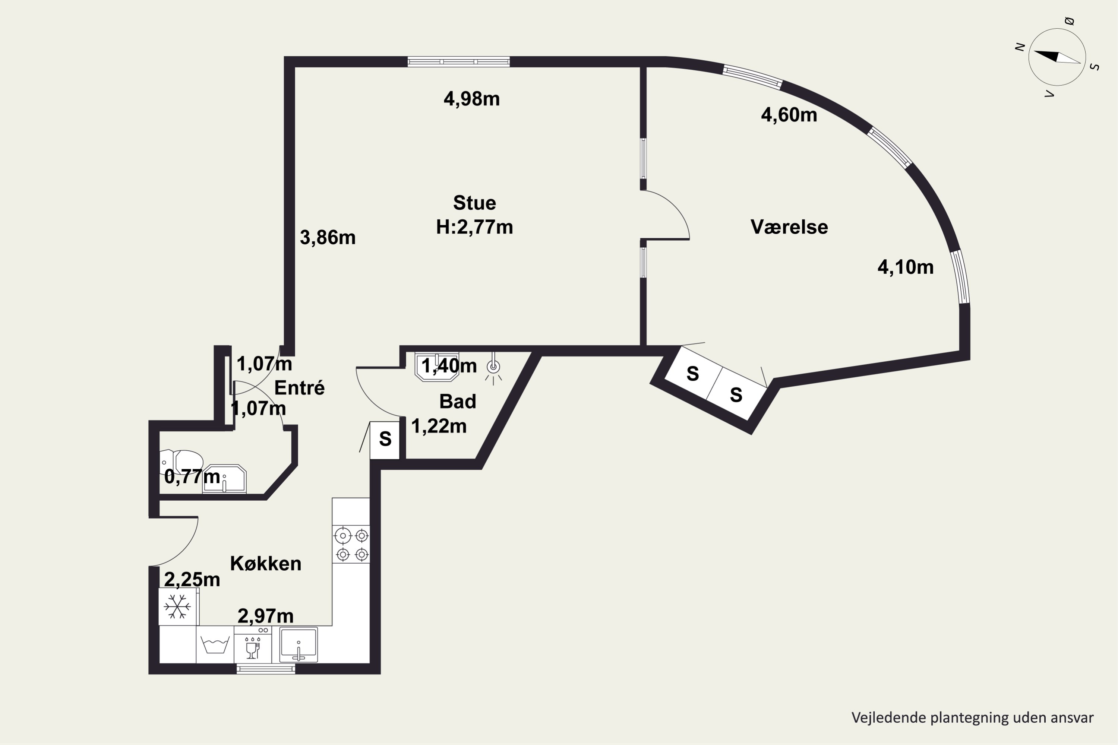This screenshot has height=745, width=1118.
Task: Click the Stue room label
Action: [474, 203]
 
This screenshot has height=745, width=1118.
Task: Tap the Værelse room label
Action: [789, 227]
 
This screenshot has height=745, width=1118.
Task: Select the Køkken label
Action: [266, 564]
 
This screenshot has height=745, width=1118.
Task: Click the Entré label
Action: [300, 388]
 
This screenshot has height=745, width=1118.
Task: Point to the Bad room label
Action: [457, 402]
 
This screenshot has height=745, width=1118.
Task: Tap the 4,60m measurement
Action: [789, 115]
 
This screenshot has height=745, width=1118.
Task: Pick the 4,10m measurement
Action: [906, 267]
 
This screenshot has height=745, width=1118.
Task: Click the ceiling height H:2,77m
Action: [474, 227]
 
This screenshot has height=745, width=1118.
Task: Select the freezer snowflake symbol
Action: [177, 607]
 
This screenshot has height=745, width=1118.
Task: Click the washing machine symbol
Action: [215, 645]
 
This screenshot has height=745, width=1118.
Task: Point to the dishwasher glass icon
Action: [252, 647]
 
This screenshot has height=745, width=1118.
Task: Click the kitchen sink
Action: [299, 645]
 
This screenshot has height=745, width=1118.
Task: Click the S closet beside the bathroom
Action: [385, 440]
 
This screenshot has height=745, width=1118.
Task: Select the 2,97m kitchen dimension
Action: [265, 616]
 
